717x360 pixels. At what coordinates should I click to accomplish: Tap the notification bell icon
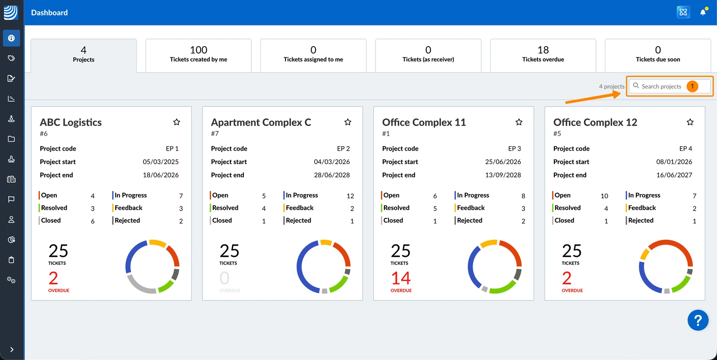[703, 12]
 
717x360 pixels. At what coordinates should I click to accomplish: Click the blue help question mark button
[698, 320]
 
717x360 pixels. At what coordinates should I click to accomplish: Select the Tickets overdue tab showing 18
[543, 56]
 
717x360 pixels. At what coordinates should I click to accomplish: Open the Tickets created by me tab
[199, 56]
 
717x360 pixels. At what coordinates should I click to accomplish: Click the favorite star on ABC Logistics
[177, 122]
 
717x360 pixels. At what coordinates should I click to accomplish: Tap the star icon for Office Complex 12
[690, 122]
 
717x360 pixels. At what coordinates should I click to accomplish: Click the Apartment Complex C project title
[261, 122]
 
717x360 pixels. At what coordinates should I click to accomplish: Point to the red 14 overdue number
[401, 278]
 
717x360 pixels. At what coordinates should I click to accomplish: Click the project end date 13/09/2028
[503, 175]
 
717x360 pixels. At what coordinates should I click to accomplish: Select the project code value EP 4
[686, 148]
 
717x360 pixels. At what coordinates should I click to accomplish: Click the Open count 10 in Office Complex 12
[604, 196]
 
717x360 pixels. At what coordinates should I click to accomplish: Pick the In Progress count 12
[350, 196]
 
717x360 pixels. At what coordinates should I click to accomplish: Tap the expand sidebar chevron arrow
[12, 349]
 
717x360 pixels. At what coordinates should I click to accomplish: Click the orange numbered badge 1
[692, 86]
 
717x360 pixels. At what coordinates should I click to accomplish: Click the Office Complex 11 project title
[424, 122]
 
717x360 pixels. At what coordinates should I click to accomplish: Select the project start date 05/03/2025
[161, 162]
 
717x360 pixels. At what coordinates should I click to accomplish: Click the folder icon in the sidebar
[12, 139]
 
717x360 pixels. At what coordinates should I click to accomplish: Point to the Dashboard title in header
[49, 13]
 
